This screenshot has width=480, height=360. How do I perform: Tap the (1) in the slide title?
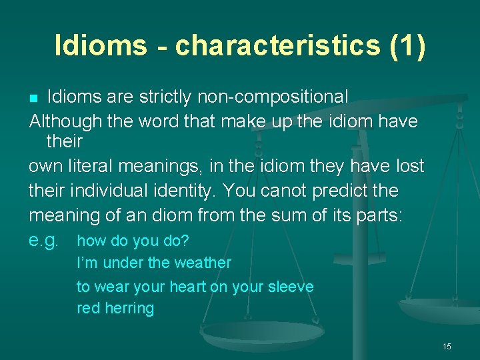point(402,45)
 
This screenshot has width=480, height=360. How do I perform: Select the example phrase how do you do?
point(129,241)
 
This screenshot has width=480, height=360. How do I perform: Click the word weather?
point(203,263)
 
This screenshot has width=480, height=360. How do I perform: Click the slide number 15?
point(447,346)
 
